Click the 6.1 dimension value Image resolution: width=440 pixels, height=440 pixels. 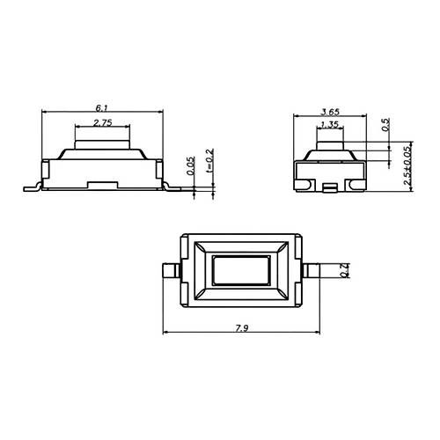click(x=102, y=108)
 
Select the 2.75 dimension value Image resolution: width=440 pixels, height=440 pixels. click(x=103, y=122)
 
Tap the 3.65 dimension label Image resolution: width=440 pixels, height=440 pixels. click(x=330, y=112)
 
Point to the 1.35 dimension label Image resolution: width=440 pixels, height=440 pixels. click(x=330, y=125)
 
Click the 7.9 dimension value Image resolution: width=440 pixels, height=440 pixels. click(x=242, y=328)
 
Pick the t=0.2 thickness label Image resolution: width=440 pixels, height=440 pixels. click(x=210, y=160)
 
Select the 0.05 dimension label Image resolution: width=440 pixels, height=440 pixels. click(x=191, y=165)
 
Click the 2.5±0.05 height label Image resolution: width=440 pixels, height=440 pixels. click(x=407, y=165)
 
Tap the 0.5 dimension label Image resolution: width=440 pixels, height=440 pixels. click(x=386, y=125)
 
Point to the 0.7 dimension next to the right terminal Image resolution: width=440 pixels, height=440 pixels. click(x=345, y=270)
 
